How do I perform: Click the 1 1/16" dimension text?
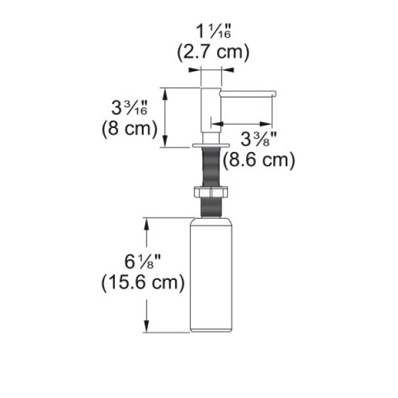[x=213, y=31]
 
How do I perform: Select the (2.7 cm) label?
[x=213, y=52]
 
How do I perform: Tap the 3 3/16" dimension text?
[x=129, y=107]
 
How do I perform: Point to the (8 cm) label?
[x=129, y=129]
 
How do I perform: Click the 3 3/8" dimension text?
[x=259, y=139]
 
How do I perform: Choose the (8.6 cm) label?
[x=259, y=160]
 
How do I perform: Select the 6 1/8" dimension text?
[x=143, y=261]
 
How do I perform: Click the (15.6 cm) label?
[x=143, y=283]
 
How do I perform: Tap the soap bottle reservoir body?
[x=211, y=275]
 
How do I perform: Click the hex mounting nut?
[x=211, y=192]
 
